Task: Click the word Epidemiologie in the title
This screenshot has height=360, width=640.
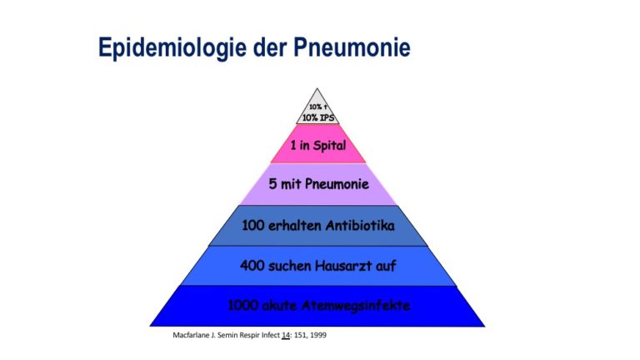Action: pyautogui.click(x=172, y=47)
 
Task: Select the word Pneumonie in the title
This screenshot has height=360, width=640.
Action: pyautogui.click(x=352, y=47)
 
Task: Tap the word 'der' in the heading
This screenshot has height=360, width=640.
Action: pyautogui.click(x=269, y=47)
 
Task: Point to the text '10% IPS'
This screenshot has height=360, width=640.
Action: pyautogui.click(x=318, y=118)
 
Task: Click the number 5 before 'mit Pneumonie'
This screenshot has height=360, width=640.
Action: pyautogui.click(x=272, y=183)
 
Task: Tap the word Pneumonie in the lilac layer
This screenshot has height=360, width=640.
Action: pyautogui.click(x=337, y=183)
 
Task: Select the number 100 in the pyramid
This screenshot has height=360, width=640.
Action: pyautogui.click(x=253, y=225)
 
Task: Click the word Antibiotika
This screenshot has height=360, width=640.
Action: pyautogui.click(x=360, y=225)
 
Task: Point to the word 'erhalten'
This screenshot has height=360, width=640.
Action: pyautogui.click(x=295, y=225)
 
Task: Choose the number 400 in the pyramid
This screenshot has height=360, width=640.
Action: pyautogui.click(x=252, y=266)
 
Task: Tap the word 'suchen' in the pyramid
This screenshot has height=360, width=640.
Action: pyautogui.click(x=290, y=266)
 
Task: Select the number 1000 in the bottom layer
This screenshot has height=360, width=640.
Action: pyautogui.click(x=242, y=305)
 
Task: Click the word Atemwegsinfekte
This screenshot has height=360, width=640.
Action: pyautogui.click(x=356, y=306)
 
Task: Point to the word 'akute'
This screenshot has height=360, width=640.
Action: pyautogui.click(x=279, y=305)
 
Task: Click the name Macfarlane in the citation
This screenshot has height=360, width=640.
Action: pyautogui.click(x=191, y=335)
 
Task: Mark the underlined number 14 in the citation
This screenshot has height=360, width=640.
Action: pyautogui.click(x=286, y=336)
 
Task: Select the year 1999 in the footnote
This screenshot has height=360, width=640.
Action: pyautogui.click(x=318, y=335)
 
